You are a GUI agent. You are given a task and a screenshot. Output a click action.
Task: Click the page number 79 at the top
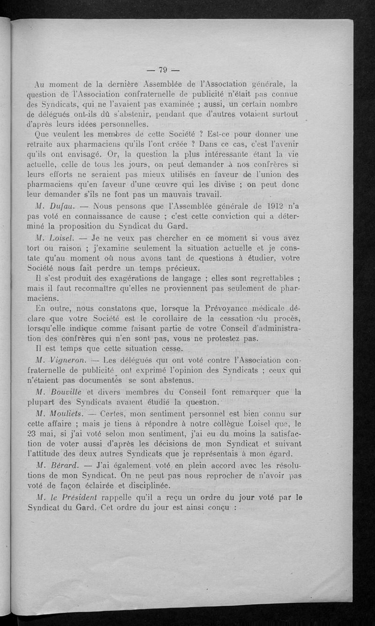pos(163,70)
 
